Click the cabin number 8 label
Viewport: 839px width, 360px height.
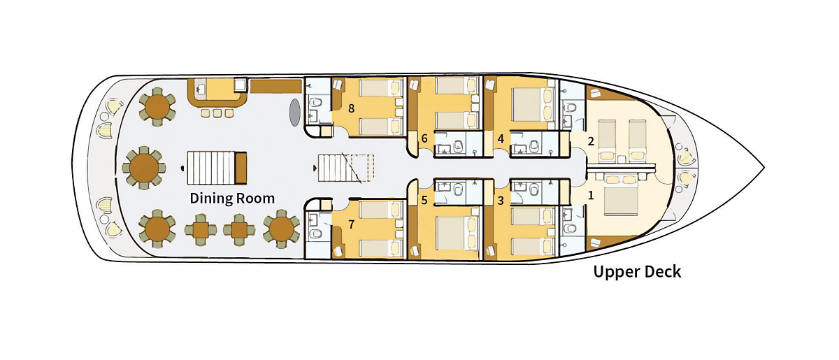tap(351, 108)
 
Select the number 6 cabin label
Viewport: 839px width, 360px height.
tap(424, 138)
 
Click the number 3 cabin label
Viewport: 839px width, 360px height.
tap(501, 200)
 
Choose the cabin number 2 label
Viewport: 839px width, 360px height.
tap(591, 141)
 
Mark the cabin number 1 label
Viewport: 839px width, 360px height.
tap(591, 196)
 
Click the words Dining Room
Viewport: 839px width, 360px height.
tap(232, 199)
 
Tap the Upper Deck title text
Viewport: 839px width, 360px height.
tap(637, 272)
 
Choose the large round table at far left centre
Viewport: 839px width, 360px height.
tap(145, 168)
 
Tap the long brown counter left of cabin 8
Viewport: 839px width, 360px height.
tap(275, 87)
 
